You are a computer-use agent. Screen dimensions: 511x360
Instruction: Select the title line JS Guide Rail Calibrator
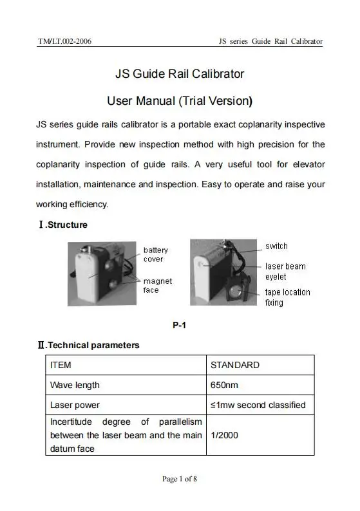tap(180, 74)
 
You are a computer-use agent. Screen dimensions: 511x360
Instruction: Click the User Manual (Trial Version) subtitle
tap(180, 101)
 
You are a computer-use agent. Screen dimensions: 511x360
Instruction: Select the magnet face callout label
tap(157, 285)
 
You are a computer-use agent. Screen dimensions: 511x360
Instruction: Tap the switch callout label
tap(276, 246)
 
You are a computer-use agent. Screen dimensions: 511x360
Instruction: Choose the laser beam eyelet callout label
tap(285, 272)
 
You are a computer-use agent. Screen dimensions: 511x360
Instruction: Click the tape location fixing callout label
tap(287, 297)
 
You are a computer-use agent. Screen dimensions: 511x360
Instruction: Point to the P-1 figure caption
tap(180, 326)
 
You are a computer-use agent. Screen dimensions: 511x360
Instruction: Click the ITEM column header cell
tap(61, 365)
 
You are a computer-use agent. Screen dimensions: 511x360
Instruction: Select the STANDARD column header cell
tap(235, 365)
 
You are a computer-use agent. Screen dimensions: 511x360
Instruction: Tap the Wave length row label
tap(75, 385)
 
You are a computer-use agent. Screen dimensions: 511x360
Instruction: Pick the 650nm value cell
tap(225, 385)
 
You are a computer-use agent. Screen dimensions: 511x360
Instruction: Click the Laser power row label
tap(75, 405)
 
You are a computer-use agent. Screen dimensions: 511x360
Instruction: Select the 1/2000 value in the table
tap(225, 436)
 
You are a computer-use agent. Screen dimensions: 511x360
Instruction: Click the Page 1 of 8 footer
tap(180, 479)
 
